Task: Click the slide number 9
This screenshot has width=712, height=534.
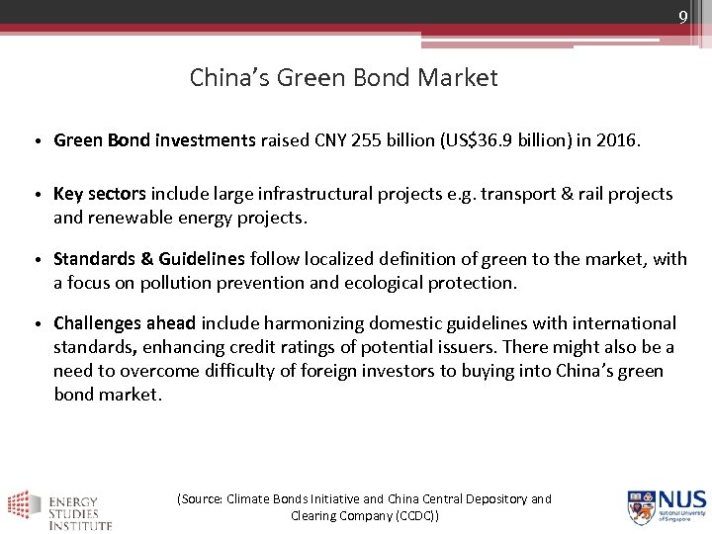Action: pos(682,17)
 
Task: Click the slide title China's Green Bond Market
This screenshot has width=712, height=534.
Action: pos(343,77)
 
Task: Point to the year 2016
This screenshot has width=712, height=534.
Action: pos(615,141)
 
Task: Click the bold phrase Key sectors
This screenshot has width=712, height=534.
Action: pos(100,194)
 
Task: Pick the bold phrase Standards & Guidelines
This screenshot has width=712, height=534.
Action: pos(149,259)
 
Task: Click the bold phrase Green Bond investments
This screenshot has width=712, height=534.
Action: pos(154,141)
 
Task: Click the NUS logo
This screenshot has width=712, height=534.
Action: pos(666,505)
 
